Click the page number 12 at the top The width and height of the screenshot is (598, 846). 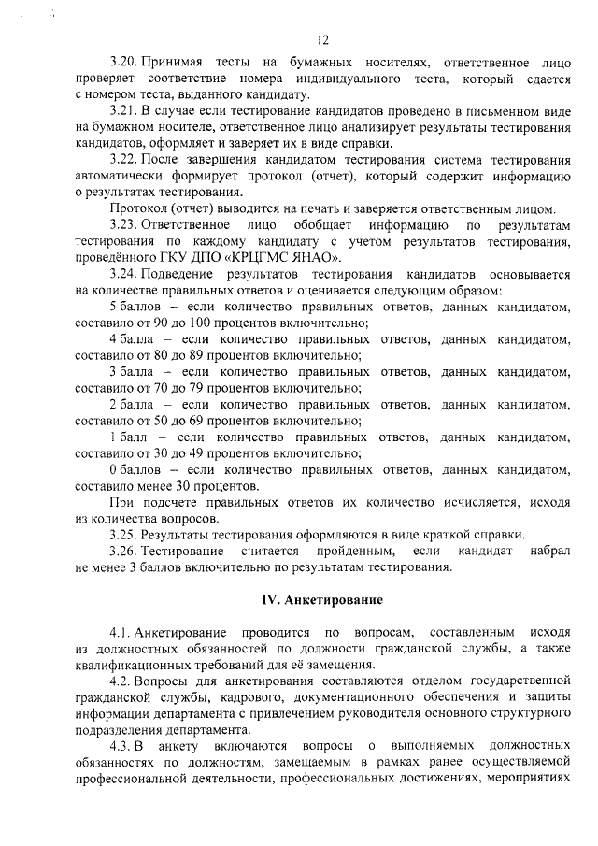(x=323, y=39)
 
